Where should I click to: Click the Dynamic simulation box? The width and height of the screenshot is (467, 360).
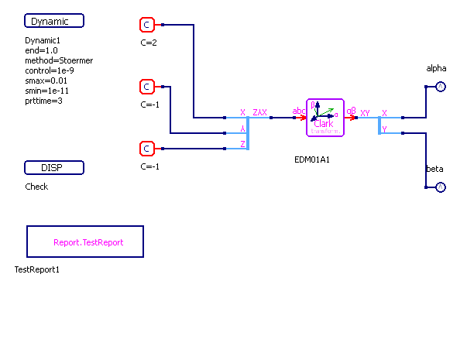tap(54, 21)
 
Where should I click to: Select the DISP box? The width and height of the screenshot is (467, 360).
tap(54, 168)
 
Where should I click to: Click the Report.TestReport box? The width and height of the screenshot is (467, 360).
tap(85, 242)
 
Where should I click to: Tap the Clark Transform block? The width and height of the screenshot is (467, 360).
tap(324, 118)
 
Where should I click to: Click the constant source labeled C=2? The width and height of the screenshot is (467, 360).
tap(147, 25)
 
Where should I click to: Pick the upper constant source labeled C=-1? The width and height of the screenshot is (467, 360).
tap(147, 87)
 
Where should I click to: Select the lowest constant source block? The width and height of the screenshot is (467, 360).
tap(147, 149)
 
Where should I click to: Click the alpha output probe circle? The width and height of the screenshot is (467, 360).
tap(440, 87)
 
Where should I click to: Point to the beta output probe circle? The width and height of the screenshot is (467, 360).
tap(440, 187)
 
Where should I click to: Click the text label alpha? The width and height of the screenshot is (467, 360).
tap(437, 69)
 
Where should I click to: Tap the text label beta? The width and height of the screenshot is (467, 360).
tap(434, 169)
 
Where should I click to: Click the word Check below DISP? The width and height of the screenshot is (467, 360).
tap(36, 187)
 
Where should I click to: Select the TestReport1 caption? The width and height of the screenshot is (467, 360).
tap(37, 269)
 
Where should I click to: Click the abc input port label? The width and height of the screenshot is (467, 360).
tap(299, 111)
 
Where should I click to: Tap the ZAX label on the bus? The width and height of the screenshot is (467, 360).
tap(260, 112)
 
